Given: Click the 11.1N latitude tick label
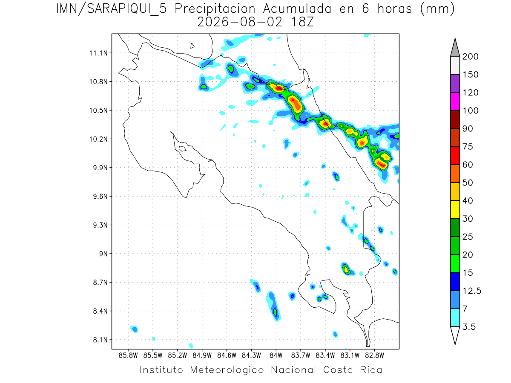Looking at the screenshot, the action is click(x=98, y=53).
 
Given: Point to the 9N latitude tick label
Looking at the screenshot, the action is click(x=103, y=254).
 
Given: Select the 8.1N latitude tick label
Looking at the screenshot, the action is click(x=100, y=340).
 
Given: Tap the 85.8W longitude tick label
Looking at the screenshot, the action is click(x=128, y=356).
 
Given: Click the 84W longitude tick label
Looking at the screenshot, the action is click(x=276, y=356).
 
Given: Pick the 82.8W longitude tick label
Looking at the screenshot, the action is click(x=375, y=356).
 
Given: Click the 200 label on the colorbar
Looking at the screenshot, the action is click(x=470, y=57).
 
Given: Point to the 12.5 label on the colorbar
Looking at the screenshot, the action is click(x=472, y=291).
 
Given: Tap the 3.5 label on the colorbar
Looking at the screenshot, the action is click(x=469, y=327).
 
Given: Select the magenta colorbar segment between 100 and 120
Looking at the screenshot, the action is click(x=455, y=101).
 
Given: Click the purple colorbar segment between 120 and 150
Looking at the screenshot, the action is click(x=455, y=83).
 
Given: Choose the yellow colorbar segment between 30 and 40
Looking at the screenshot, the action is click(x=455, y=209).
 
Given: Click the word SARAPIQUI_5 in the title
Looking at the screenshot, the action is click(x=127, y=9).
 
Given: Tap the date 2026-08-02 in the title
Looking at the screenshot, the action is click(x=240, y=23).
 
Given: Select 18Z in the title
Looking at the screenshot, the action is click(x=302, y=23).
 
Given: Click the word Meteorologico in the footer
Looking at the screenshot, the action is click(x=227, y=370).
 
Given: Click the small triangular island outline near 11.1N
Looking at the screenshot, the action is click(x=192, y=46).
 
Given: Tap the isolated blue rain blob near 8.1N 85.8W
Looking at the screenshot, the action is click(x=134, y=329).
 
